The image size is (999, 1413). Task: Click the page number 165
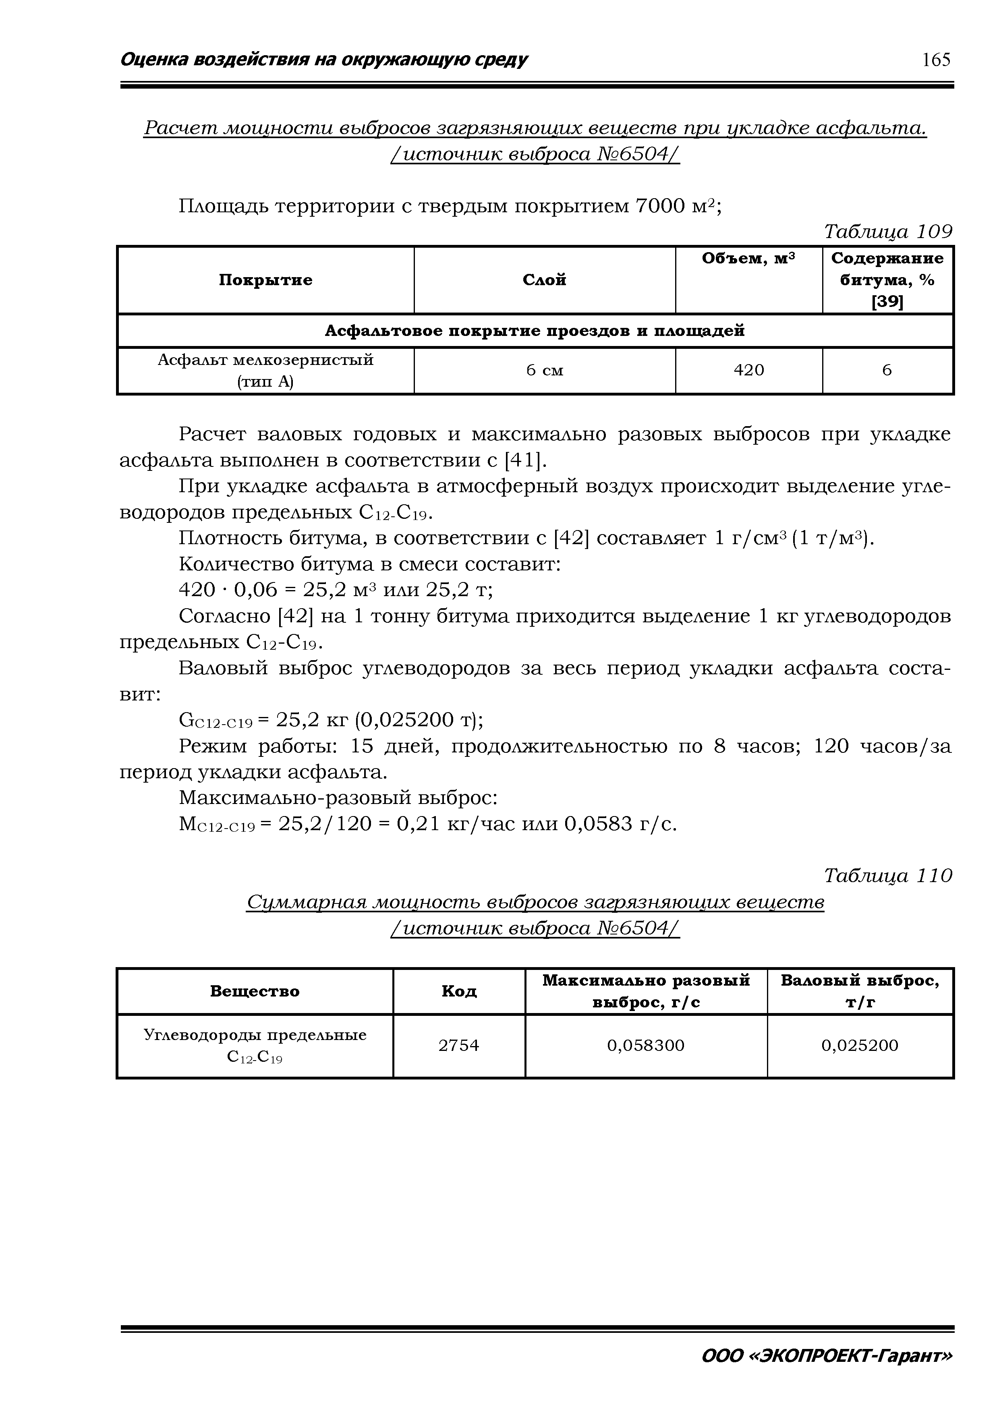coord(936,60)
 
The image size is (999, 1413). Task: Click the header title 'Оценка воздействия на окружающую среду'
coord(324,60)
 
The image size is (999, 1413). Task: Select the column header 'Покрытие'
coord(265,280)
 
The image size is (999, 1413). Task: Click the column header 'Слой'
coord(544,280)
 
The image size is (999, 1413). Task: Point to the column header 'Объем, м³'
coord(748,259)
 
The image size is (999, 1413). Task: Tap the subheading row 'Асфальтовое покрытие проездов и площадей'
coord(534,331)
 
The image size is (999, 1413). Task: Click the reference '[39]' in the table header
coord(887,302)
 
